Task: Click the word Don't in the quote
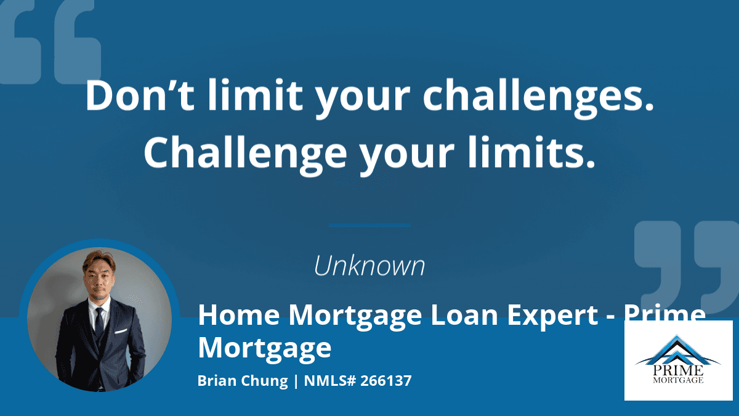[140, 95]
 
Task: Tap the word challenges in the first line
[538, 97]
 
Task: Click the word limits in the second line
[531, 152]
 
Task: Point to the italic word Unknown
[369, 266]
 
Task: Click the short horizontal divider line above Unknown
[369, 226]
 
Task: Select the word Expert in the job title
[552, 316]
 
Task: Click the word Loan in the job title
[464, 315]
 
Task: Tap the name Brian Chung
[243, 381]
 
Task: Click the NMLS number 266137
[386, 380]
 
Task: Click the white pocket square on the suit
[121, 331]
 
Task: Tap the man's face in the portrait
[99, 280]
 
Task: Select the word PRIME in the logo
[678, 370]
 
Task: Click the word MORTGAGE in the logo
[678, 380]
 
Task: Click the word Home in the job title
[239, 315]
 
